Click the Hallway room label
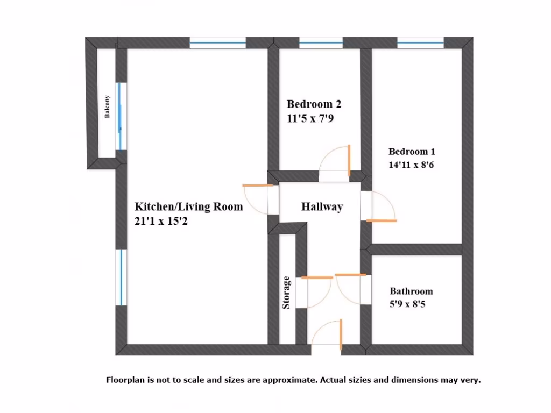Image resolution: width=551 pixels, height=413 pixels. (x=322, y=207)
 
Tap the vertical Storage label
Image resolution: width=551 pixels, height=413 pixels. (x=287, y=293)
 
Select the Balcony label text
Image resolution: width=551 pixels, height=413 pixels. (x=108, y=106)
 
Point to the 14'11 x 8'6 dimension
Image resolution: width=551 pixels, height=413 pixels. (x=411, y=165)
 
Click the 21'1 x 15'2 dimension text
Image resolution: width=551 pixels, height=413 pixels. (x=161, y=220)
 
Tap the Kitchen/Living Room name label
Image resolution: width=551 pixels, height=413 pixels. (x=188, y=206)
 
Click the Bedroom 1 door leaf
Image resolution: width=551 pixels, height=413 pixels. (x=380, y=220)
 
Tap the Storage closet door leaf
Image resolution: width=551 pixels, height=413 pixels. (x=316, y=277)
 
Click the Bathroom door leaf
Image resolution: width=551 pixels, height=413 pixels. (x=351, y=275)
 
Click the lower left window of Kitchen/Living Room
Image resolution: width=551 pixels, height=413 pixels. (x=121, y=277)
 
